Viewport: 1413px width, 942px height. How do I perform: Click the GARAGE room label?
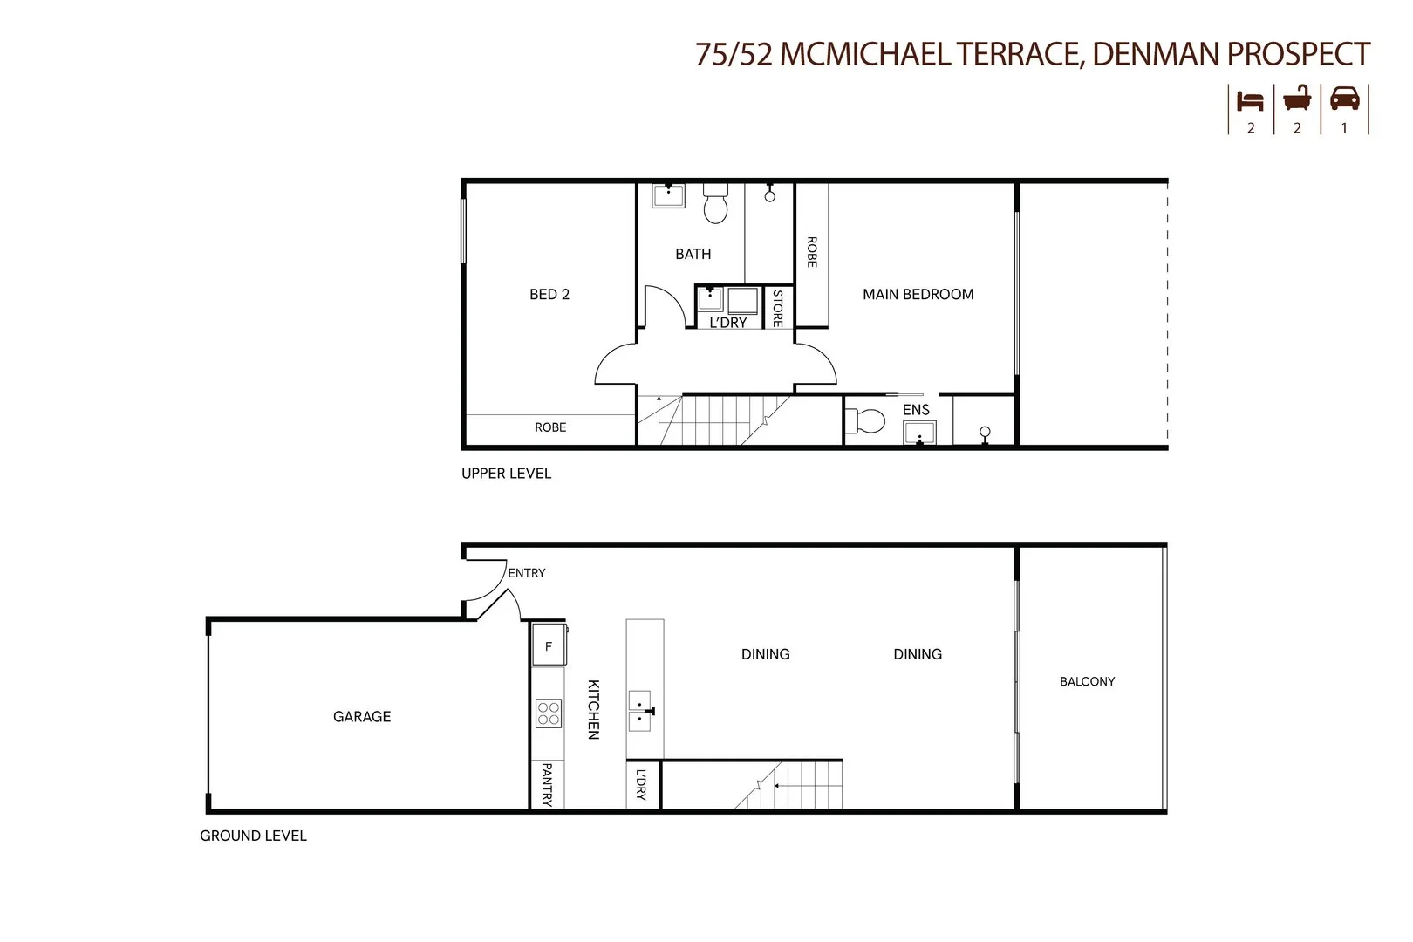[362, 717]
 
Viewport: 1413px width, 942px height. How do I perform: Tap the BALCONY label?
[1087, 682]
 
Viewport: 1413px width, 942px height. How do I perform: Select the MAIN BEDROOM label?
[918, 295]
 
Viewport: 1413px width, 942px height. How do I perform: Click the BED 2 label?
[549, 295]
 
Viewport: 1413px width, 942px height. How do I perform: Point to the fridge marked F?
[549, 646]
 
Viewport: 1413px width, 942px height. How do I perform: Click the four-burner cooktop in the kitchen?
[549, 713]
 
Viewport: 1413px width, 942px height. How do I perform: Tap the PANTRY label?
[547, 784]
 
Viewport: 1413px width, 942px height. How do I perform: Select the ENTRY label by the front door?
[527, 573]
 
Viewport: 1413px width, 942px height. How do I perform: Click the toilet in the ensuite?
[865, 421]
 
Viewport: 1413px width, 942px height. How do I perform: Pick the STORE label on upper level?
[777, 308]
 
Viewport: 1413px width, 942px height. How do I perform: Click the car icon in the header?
[1344, 99]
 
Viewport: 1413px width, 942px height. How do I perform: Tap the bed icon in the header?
[1250, 100]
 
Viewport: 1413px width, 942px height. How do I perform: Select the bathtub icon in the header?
[1297, 99]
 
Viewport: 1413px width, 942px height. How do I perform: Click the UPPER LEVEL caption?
[506, 474]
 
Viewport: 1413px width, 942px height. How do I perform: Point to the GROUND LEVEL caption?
[253, 836]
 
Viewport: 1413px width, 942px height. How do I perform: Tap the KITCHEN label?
[593, 709]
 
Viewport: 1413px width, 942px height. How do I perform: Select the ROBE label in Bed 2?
[550, 427]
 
